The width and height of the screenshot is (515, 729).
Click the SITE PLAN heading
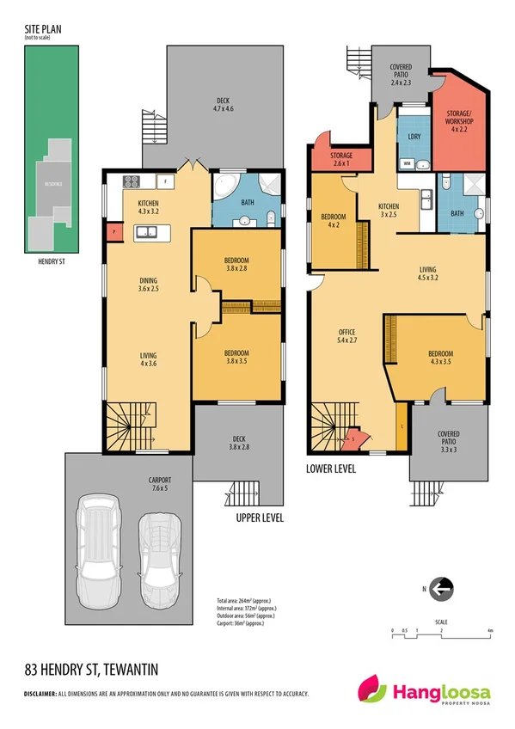(x=41, y=31)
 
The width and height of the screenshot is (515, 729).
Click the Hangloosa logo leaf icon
(x=372, y=690)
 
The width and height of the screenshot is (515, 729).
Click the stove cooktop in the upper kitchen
(x=132, y=181)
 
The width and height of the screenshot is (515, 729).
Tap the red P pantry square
(x=113, y=231)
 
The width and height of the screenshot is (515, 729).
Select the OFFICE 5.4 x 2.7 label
(x=347, y=336)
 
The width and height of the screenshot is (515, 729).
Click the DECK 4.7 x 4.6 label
(x=224, y=105)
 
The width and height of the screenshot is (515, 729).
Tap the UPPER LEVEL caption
(x=260, y=518)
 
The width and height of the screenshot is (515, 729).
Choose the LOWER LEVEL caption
(x=331, y=469)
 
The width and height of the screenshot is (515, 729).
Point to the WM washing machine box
(x=406, y=162)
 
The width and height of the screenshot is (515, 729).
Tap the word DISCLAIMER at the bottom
(x=39, y=693)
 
